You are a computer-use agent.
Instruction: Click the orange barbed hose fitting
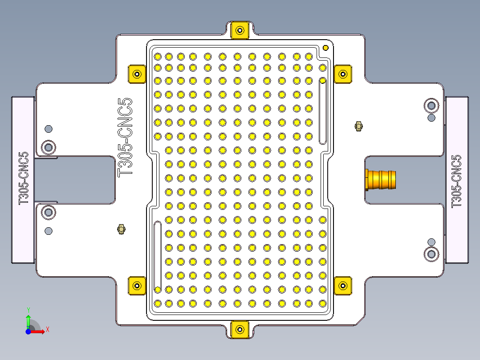(381, 179)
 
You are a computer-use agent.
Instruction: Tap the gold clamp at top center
(240, 30)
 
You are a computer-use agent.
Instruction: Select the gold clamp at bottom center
(240, 330)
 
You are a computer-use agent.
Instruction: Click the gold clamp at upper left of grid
(137, 74)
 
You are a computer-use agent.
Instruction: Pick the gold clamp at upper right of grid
(343, 74)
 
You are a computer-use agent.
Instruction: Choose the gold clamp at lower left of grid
(137, 285)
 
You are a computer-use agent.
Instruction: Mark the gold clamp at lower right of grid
(343, 285)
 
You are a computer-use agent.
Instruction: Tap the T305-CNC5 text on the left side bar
(23, 178)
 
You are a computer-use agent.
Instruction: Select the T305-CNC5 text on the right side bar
(456, 181)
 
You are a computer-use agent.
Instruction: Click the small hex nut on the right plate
(358, 126)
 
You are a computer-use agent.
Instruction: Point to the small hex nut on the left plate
(120, 229)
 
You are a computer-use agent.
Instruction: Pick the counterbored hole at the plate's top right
(431, 106)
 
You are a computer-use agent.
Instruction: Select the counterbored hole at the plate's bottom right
(431, 254)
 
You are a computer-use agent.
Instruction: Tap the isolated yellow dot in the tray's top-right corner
(325, 48)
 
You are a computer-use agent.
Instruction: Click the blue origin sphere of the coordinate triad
(28, 331)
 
